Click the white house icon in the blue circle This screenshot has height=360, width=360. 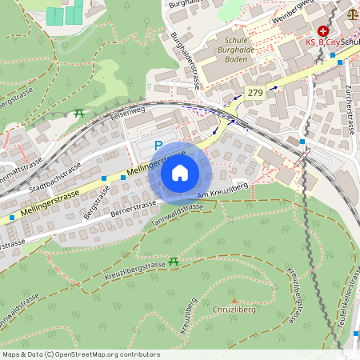[x=180, y=172]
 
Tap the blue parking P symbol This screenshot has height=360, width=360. [x=158, y=146]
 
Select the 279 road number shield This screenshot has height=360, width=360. [x=255, y=92]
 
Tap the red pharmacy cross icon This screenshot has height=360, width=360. [x=322, y=30]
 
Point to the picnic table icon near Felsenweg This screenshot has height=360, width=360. [x=78, y=113]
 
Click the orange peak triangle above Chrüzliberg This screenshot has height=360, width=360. [x=234, y=299]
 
